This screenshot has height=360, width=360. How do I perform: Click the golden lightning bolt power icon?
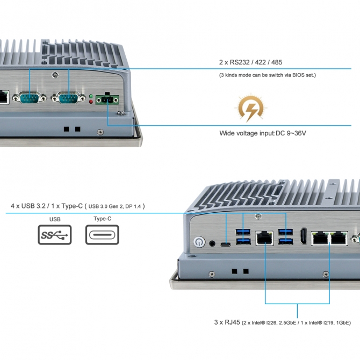pyautogui.click(x=251, y=108)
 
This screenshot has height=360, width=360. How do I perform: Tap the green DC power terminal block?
pyautogui.click(x=107, y=99)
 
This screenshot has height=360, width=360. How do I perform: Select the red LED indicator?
pyautogui.click(x=91, y=102)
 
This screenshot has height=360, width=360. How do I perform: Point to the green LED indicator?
pyautogui.click(x=91, y=96)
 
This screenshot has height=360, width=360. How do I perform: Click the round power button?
pyautogui.click(x=199, y=242)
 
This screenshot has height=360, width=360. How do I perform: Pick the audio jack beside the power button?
pyautogui.click(x=212, y=243)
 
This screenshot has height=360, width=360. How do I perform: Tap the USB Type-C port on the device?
pyautogui.click(x=226, y=244)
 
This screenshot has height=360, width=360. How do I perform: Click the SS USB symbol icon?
pyautogui.click(x=55, y=235)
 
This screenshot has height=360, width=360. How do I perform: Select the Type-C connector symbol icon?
pyautogui.click(x=102, y=235)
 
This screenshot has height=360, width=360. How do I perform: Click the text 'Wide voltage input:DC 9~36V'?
pyautogui.click(x=263, y=133)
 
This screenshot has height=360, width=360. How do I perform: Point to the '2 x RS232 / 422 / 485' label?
pyautogui.click(x=250, y=62)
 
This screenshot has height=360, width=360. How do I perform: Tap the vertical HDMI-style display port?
pyautogui.click(x=303, y=236)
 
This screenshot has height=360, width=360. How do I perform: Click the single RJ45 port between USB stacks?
pyautogui.click(x=264, y=239)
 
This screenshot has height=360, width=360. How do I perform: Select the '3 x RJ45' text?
pyautogui.click(x=227, y=322)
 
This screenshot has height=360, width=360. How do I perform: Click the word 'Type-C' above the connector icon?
pyautogui.click(x=103, y=219)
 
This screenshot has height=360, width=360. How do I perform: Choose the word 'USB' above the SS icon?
pyautogui.click(x=55, y=219)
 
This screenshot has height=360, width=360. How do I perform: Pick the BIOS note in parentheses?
pyautogui.click(x=268, y=75)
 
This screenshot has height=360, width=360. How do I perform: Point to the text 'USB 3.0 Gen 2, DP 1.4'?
pyautogui.click(x=114, y=206)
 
